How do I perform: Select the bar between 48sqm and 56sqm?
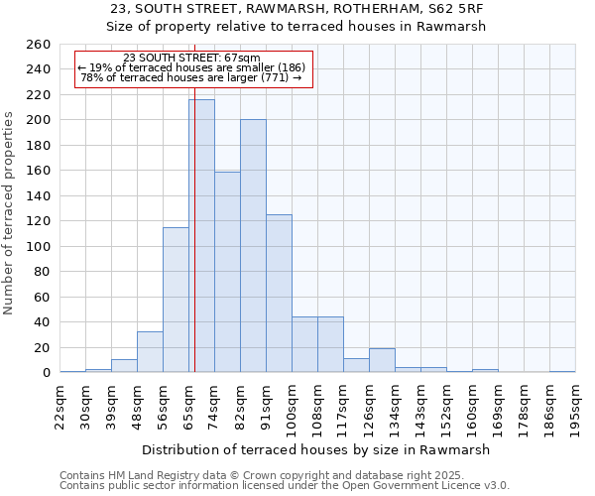coord(150,352)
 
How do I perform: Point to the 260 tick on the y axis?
coord(39,45)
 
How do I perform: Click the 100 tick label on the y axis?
coord(39,247)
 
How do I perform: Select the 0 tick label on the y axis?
coord(46,373)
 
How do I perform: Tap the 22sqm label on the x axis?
coord(59,404)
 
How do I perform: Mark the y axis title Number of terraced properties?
coord(10,213)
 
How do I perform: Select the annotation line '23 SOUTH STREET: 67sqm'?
coord(193,58)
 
